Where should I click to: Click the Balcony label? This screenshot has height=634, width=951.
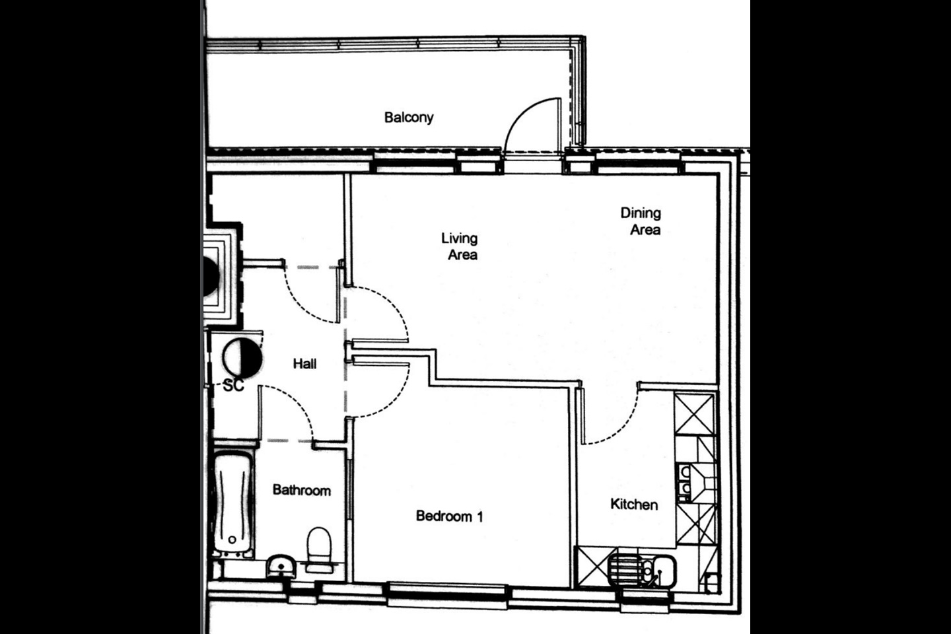409,118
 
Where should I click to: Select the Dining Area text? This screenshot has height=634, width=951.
641,221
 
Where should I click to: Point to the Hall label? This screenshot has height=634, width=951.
305,363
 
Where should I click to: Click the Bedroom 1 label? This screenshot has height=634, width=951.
450,516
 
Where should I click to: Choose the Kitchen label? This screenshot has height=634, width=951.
634,505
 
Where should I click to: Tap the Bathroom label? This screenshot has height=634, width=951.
301,490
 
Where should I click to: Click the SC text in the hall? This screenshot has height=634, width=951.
234,385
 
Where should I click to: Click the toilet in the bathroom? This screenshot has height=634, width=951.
319,549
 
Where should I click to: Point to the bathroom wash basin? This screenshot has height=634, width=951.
281,565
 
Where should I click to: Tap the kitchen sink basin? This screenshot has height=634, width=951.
664,571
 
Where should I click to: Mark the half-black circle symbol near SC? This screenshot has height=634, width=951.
242,358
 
